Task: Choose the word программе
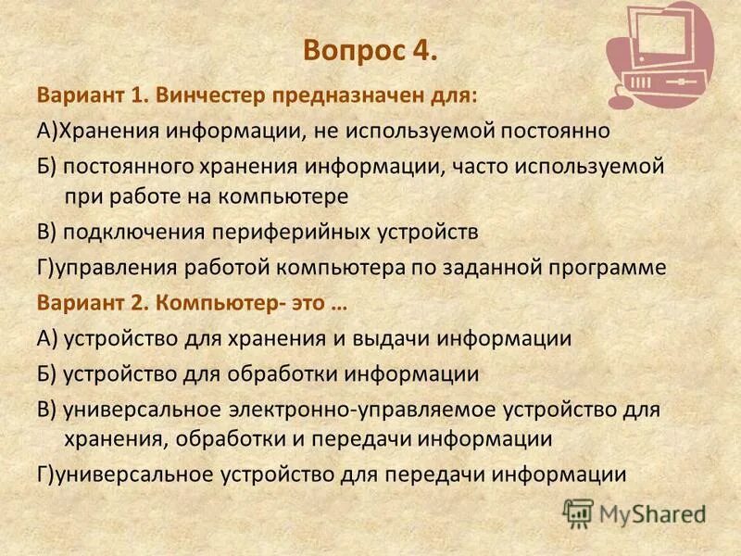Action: (611, 268)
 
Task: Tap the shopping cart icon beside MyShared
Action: (578, 512)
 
